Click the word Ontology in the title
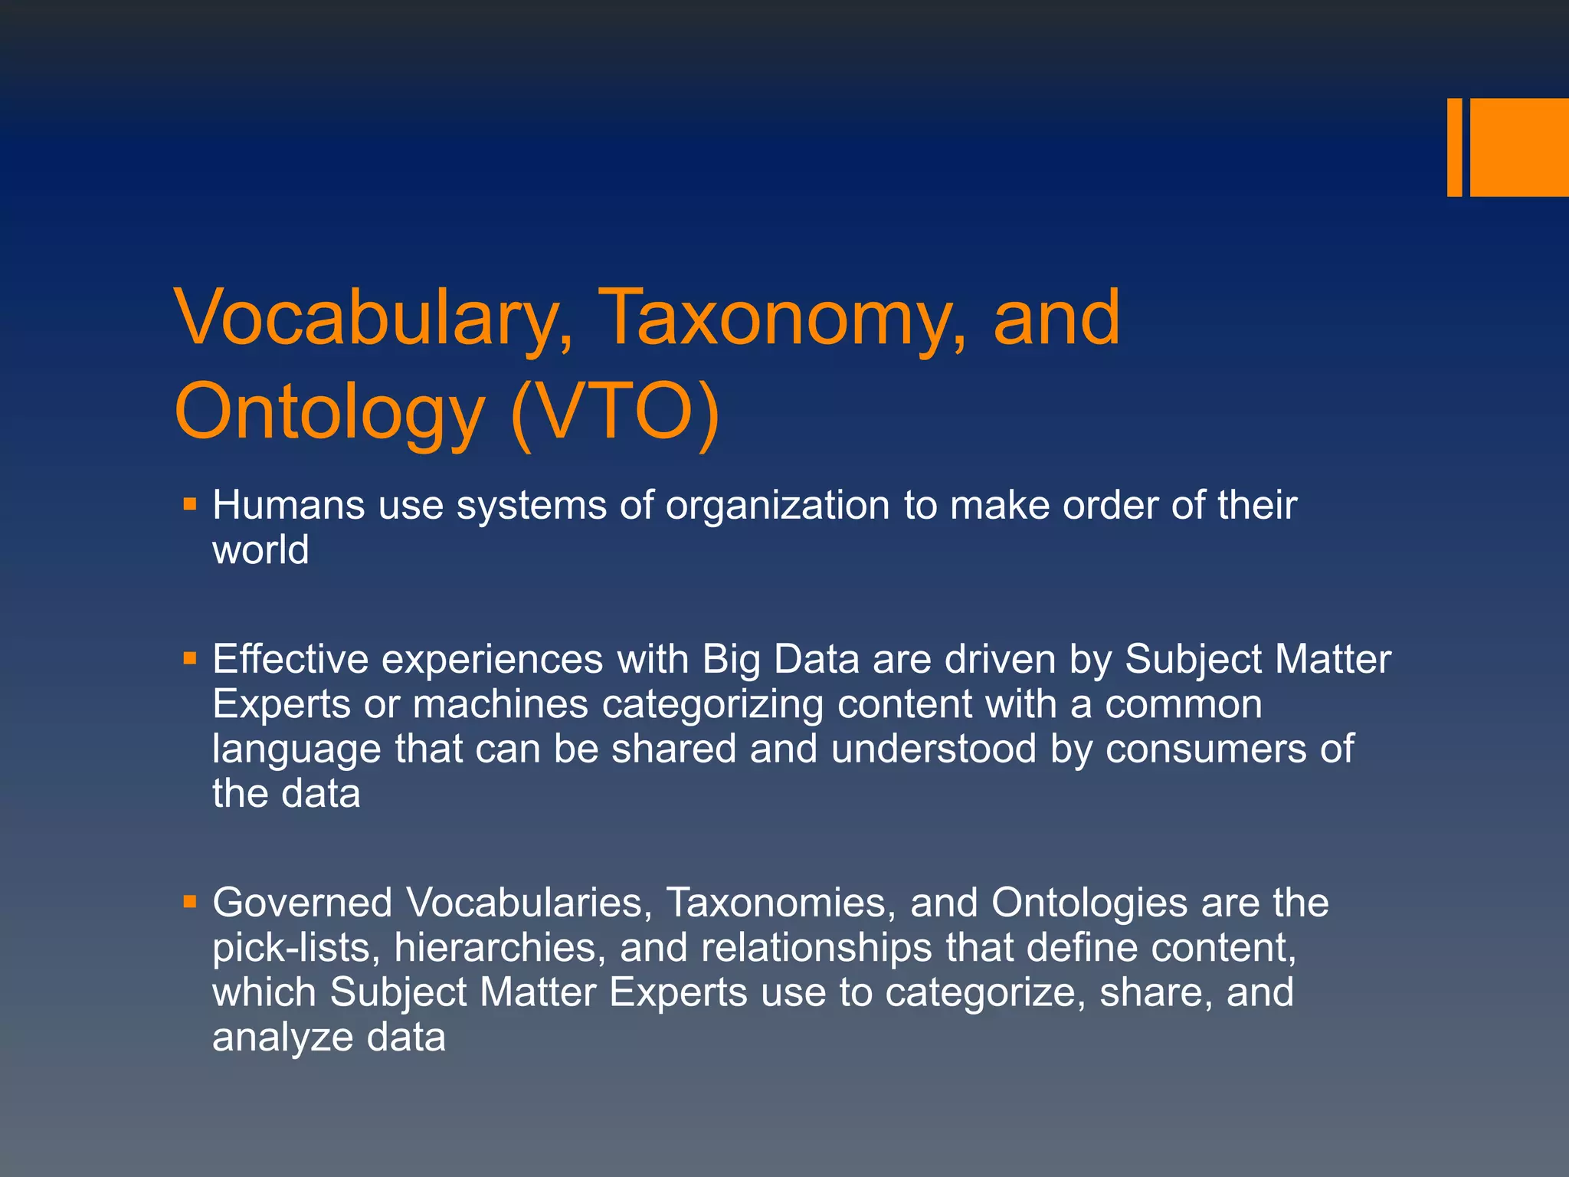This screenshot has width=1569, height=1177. (x=329, y=414)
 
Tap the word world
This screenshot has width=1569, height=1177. (x=260, y=550)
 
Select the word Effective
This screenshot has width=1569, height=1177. (x=290, y=659)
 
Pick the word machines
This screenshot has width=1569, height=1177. (x=500, y=704)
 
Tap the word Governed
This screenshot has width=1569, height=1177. (x=303, y=903)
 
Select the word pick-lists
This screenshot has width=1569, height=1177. (x=296, y=948)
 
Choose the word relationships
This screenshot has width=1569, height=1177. (x=816, y=948)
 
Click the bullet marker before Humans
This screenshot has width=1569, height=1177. (x=190, y=505)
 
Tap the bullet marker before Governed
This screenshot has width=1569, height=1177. (x=190, y=902)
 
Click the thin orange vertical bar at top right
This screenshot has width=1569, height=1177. (x=1454, y=147)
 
